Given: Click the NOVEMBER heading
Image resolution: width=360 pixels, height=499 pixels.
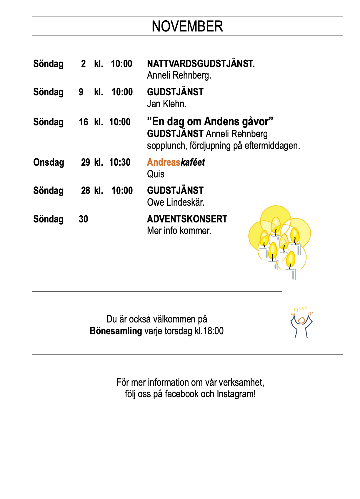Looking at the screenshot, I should pyautogui.click(x=187, y=26).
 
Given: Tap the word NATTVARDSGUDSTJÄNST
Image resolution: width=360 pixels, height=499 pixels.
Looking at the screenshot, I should pyautogui.click(x=201, y=64).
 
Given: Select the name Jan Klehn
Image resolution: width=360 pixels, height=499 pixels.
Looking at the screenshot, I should pyautogui.click(x=166, y=104).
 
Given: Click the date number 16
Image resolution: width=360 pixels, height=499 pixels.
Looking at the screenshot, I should pyautogui.click(x=83, y=122).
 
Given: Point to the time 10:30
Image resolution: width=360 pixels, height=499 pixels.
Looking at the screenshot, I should pyautogui.click(x=120, y=162).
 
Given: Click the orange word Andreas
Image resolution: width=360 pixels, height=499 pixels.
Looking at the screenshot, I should pyautogui.click(x=164, y=162).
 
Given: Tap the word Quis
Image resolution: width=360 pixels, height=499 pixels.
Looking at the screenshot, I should pyautogui.click(x=156, y=174).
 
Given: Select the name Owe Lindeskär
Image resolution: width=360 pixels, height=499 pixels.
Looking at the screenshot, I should pyautogui.click(x=176, y=202).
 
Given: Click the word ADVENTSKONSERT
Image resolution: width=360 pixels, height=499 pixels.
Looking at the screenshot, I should pyautogui.click(x=187, y=219).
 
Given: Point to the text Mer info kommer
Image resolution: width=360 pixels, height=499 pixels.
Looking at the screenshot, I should pyautogui.click(x=179, y=231).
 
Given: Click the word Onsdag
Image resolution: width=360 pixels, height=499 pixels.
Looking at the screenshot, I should pyautogui.click(x=49, y=162).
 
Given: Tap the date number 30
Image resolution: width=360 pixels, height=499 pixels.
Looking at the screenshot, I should pyautogui.click(x=83, y=219).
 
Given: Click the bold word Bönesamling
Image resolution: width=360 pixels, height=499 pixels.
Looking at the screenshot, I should pyautogui.click(x=116, y=331).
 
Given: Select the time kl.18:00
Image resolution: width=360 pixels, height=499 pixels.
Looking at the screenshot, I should pyautogui.click(x=209, y=331).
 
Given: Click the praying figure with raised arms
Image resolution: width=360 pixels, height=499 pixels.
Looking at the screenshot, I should pyautogui.click(x=301, y=323).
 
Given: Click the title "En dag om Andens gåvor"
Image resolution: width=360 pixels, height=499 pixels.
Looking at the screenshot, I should pyautogui.click(x=210, y=122).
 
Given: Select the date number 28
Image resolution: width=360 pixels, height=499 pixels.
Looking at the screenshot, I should pyautogui.click(x=85, y=191).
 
